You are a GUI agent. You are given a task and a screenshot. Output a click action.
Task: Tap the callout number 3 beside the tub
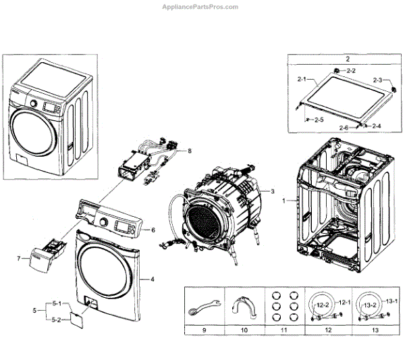coord(272,192)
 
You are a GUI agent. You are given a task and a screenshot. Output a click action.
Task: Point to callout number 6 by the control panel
coord(153,230)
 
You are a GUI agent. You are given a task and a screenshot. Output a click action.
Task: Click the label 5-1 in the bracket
coord(57,303)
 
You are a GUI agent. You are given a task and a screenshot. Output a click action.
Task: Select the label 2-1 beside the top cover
coord(301,79)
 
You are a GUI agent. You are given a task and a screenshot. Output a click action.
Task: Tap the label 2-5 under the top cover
coord(319,120)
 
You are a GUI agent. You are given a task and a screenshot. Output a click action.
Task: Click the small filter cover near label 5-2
coord(80,317)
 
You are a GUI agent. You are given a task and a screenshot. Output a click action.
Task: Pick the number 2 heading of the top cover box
coord(347,59)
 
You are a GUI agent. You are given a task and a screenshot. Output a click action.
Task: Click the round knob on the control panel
coord(103,222)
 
